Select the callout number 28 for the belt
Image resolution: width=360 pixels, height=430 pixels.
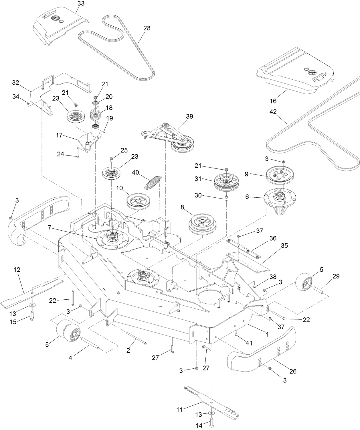click(x=147, y=28)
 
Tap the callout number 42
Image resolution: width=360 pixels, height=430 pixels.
click(x=273, y=112)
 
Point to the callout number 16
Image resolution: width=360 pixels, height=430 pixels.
click(x=273, y=101)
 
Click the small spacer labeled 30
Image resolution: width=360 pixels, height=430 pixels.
click(x=226, y=198)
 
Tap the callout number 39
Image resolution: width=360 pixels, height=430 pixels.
click(x=189, y=116)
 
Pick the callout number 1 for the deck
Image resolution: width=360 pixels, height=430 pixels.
click(x=267, y=334)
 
